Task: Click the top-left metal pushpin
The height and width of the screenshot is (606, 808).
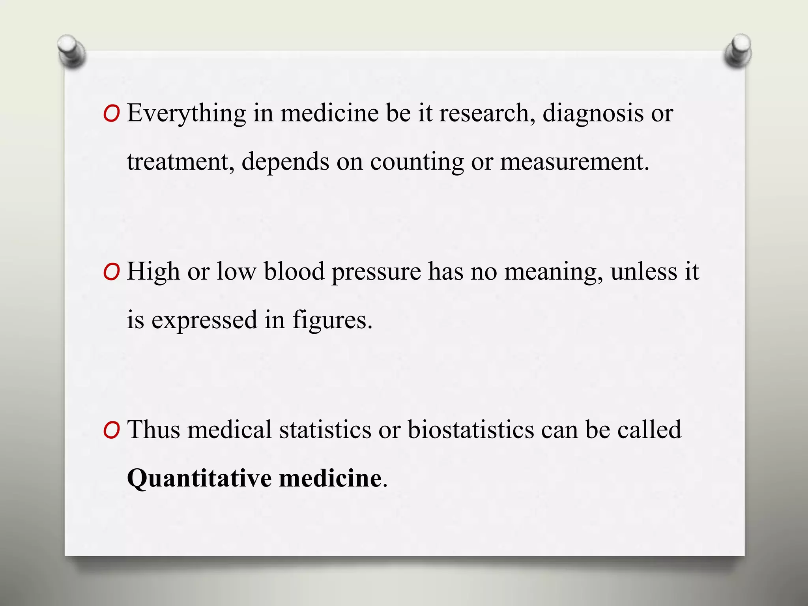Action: pyautogui.click(x=71, y=50)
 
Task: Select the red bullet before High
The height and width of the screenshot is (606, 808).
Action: pyautogui.click(x=111, y=273)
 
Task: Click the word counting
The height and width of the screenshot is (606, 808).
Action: pyautogui.click(x=417, y=162)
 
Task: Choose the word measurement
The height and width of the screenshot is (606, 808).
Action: pyautogui.click(x=574, y=162)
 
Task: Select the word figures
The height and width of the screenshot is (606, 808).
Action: pyautogui.click(x=332, y=320)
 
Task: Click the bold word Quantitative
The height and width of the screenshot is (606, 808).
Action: pyautogui.click(x=199, y=478)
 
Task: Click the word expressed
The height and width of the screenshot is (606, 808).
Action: pyautogui.click(x=204, y=320)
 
